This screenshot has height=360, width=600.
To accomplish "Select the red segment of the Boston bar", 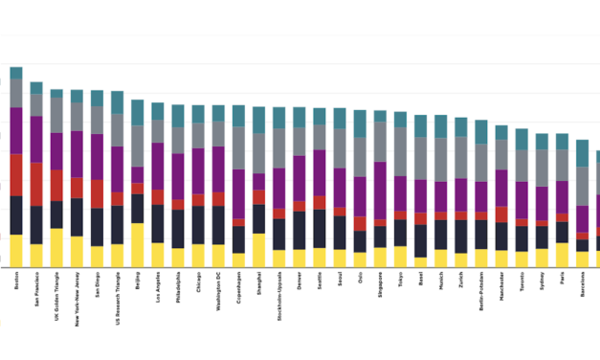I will (16, 174).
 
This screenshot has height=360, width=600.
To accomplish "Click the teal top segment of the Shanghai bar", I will (258, 120).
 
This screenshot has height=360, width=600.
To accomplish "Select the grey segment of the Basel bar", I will (420, 158).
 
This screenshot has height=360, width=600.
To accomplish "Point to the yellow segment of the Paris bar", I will (561, 255).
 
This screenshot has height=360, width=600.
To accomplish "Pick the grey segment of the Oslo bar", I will (360, 156).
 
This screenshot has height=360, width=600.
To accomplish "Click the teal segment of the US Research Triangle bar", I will (118, 102).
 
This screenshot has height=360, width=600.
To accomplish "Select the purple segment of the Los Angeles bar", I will (158, 166).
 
